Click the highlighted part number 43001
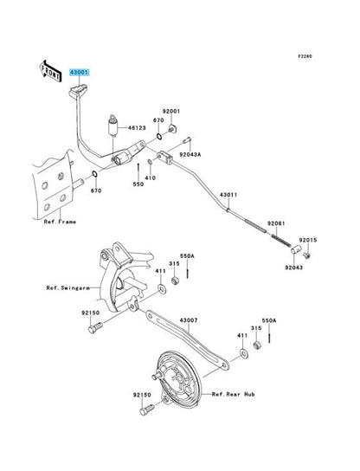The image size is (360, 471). click(80, 73)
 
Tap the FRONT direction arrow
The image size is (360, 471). click(50, 71)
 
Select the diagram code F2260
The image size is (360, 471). click(305, 56)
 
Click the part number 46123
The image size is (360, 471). click(137, 128)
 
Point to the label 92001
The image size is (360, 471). click(171, 111)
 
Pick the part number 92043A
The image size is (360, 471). click(190, 155)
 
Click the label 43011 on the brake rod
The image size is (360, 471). click(228, 195)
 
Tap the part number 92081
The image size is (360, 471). click(276, 223)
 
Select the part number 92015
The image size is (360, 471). click(308, 240)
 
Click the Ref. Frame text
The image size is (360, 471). click(60, 222)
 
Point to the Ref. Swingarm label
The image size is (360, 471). click(68, 287)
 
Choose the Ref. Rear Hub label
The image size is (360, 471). click(234, 394)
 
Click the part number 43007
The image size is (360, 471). click(189, 320)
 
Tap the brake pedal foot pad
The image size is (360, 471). click(78, 90)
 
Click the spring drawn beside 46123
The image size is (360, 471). click(112, 126)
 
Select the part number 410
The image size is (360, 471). click(150, 177)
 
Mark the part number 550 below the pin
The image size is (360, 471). click(138, 184)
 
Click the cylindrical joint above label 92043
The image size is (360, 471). click(295, 249)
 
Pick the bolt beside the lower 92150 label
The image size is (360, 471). click(147, 410)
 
